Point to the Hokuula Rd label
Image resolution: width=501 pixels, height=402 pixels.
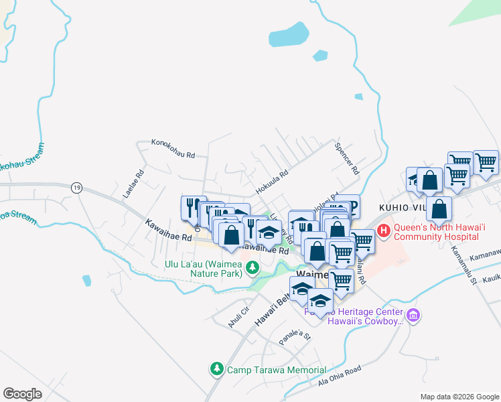pyautogui.click(x=271, y=176)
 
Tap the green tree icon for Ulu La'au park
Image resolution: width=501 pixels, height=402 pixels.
pyautogui.click(x=252, y=269)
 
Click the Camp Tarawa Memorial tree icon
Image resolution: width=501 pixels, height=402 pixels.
pyautogui.click(x=216, y=369)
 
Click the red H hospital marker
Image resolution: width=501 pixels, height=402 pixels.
pyautogui.click(x=384, y=232)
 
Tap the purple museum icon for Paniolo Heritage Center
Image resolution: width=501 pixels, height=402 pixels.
pyautogui.click(x=413, y=315)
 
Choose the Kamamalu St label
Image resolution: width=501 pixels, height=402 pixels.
pyautogui.click(x=463, y=259)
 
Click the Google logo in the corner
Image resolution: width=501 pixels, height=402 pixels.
pyautogui.click(x=22, y=394)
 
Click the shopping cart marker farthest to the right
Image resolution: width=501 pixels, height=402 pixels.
pyautogui.click(x=486, y=161)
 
